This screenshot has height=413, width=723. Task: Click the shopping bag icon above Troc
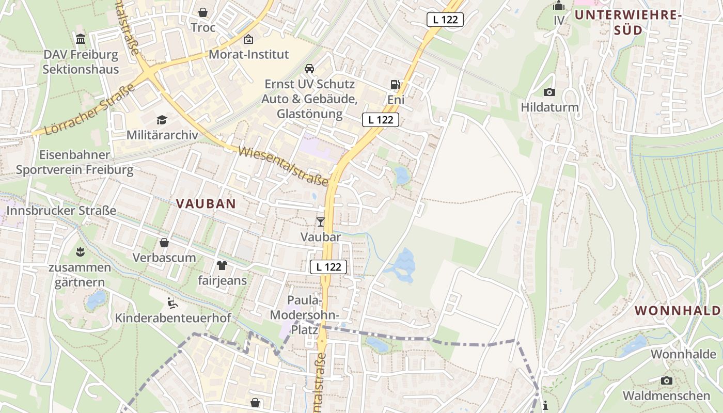point(203,12)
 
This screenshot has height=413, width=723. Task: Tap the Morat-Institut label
point(249,54)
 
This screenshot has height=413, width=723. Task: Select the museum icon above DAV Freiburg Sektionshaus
point(81,39)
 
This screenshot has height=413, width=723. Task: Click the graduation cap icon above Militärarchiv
point(162,120)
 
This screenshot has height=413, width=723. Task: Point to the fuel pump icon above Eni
point(396,84)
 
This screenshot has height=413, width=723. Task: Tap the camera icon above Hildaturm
point(549,92)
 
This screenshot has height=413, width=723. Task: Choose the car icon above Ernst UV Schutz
point(309,69)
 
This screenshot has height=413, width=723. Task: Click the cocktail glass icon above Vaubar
point(321,222)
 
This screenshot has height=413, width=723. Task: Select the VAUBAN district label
point(206,203)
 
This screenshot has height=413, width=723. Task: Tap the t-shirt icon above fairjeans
point(222,266)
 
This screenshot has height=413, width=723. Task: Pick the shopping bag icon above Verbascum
point(164,242)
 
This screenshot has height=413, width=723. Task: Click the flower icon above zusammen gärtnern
point(80,252)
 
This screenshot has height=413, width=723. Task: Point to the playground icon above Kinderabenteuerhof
point(172,303)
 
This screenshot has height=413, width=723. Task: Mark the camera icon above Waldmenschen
point(666,381)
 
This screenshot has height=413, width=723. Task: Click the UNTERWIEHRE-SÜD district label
point(628,22)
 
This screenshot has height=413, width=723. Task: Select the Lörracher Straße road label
point(90,109)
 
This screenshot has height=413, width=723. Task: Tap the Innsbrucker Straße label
point(61,211)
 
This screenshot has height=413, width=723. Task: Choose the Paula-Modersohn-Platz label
point(305,314)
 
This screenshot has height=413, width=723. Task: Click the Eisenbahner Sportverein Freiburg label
point(74,162)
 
